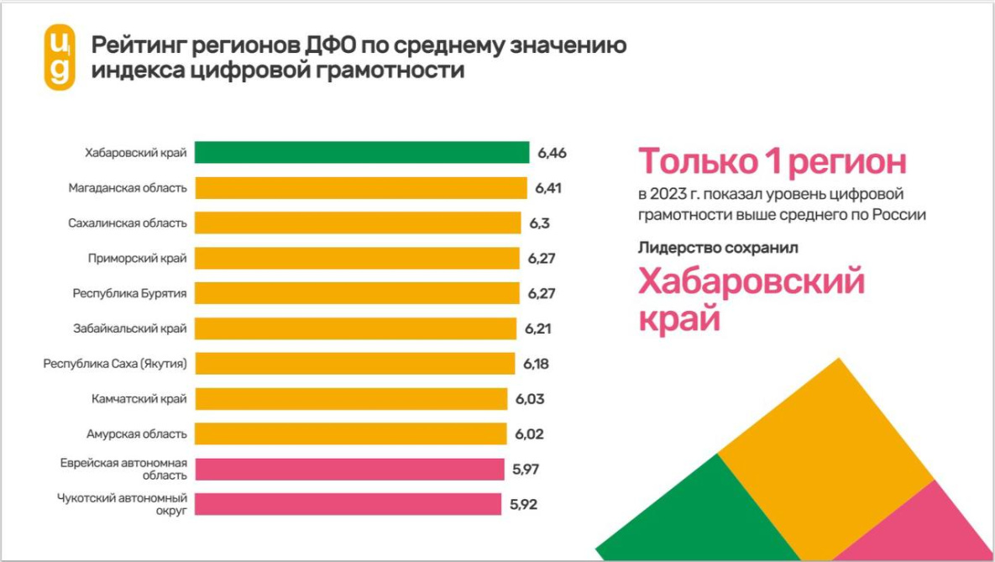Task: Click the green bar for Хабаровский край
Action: point(362,152)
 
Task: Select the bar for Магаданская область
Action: point(360,187)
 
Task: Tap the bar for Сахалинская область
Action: point(358,223)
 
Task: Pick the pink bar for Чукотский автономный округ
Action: point(348,504)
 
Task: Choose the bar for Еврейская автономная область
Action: point(350,469)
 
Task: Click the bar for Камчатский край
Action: point(352,399)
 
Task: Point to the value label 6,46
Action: point(552,153)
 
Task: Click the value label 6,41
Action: point(548,188)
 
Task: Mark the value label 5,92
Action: point(523,505)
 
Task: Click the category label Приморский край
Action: point(137,258)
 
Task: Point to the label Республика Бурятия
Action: point(129,293)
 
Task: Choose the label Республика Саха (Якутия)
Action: point(115,364)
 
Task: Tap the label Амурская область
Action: point(136,434)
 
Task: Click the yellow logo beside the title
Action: point(60,57)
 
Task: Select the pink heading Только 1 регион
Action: point(772,161)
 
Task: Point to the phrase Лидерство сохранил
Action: point(718,248)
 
